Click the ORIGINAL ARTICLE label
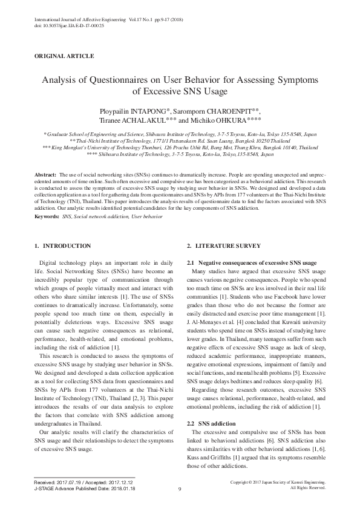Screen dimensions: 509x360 pos(65,56)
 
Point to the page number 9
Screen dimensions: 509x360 pos(180,489)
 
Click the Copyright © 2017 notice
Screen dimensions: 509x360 pos(278,482)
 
